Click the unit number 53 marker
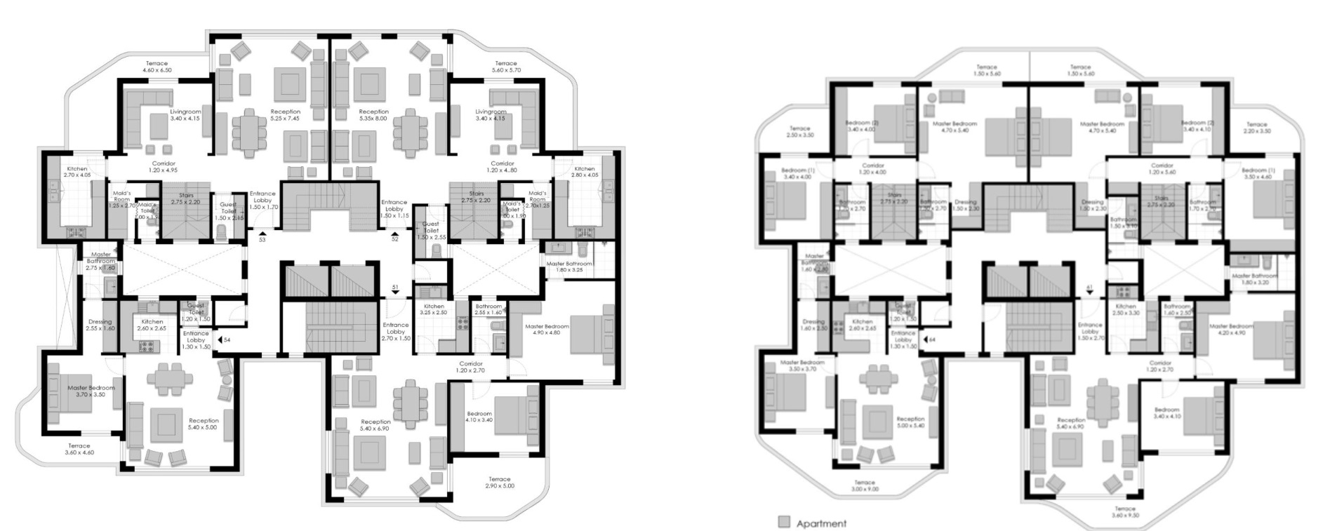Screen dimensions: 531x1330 point(262,240)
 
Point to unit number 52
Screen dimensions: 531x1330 point(394,239)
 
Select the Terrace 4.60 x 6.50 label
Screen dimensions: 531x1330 point(157,67)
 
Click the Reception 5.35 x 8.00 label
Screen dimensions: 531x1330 point(373,115)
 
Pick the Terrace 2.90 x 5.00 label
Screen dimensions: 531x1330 point(500,483)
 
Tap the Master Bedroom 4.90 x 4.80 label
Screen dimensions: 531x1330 point(547,330)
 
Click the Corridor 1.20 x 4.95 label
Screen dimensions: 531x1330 point(164,167)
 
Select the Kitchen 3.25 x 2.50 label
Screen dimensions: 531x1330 point(434,309)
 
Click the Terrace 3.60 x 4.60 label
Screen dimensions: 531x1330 point(79,449)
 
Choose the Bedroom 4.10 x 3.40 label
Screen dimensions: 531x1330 point(479,417)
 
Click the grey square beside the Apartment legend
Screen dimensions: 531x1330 point(784,522)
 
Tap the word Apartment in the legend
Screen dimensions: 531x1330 point(821,523)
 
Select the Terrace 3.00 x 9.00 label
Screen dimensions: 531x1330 point(865,485)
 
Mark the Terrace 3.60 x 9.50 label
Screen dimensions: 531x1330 point(1124,511)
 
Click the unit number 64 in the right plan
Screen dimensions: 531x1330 point(932,340)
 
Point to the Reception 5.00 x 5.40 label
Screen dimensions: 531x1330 point(910,422)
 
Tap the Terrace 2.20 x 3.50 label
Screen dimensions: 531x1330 point(1256,128)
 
